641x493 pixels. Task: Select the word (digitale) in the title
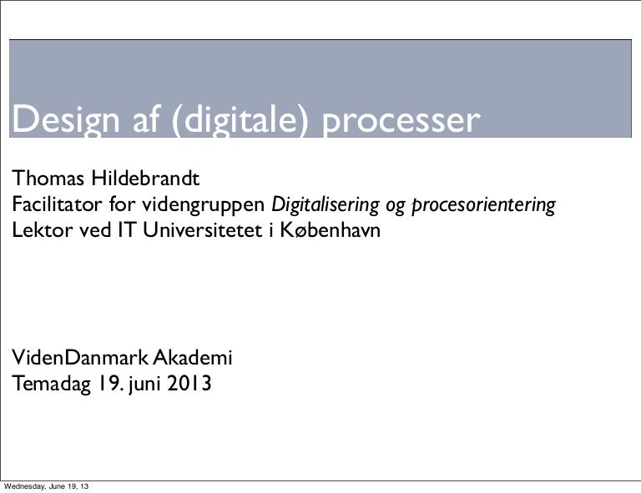tap(243, 122)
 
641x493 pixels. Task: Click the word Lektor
tap(41, 229)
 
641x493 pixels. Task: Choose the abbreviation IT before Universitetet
tap(125, 229)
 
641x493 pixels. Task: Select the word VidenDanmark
tap(78, 360)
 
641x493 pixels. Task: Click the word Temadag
tap(52, 385)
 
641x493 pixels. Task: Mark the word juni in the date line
tap(145, 385)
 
